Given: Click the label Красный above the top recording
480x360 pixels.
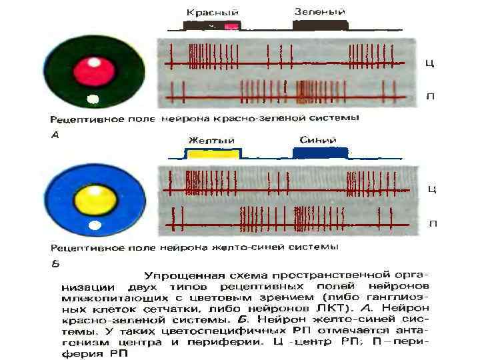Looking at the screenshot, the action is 212,12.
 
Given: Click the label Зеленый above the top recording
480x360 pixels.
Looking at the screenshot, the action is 319,11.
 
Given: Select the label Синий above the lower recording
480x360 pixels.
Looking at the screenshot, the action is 318,139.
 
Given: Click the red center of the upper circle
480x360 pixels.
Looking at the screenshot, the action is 95,69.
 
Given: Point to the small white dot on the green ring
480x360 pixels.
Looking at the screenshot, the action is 93,100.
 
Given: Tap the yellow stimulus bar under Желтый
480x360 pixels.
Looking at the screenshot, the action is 212,154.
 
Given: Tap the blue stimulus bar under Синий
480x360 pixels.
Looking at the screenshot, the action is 320,153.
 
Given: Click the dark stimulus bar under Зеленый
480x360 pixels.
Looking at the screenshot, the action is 320,25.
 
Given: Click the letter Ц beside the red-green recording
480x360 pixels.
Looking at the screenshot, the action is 430,63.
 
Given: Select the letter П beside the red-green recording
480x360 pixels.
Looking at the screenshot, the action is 430,97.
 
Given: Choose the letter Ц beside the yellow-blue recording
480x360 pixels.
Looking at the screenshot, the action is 431,189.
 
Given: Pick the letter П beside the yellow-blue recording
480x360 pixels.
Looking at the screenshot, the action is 433,223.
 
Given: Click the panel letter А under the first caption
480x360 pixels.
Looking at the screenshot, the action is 55,133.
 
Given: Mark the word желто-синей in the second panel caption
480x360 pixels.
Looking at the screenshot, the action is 243,247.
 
